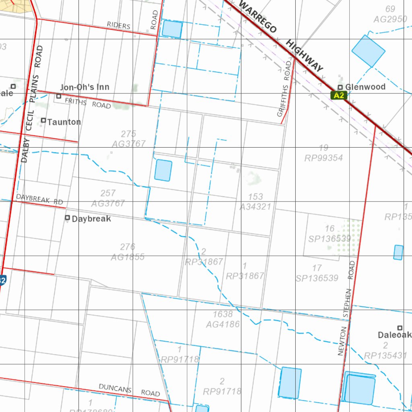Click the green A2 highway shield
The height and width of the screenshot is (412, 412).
coord(339,95)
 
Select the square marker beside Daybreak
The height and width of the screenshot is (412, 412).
coord(68,218)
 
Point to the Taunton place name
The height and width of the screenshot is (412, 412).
coord(64,122)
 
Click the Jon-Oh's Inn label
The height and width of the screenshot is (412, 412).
coord(84,87)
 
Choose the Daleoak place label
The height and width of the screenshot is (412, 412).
coord(394,335)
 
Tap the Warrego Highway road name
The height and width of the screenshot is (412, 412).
coord(282,36)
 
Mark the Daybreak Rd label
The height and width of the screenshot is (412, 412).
coord(39,199)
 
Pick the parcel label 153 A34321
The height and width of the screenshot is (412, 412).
coord(256,202)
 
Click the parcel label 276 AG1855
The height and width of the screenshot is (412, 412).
coord(128,252)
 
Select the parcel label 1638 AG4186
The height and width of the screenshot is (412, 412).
coord(222,319)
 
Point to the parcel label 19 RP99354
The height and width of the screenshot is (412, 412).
coord(323,153)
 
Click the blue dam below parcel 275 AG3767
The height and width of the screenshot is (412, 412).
coord(163,170)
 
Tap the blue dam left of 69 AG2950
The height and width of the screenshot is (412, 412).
coord(368,51)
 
